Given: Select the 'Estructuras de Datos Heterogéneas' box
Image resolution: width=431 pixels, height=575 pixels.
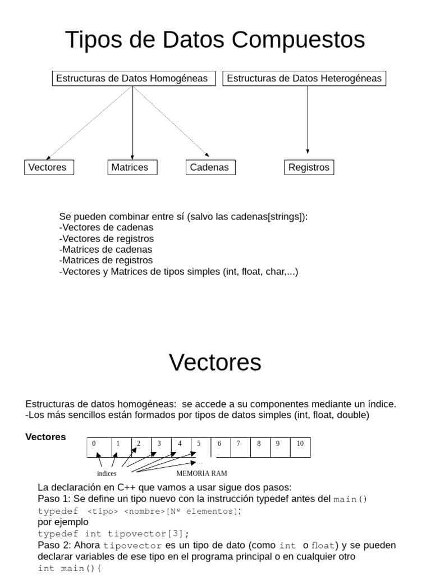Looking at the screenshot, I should point(304,79).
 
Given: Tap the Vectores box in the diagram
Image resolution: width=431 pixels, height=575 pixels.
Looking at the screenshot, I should point(49,167).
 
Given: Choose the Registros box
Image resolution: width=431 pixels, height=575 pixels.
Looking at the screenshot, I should point(309,167).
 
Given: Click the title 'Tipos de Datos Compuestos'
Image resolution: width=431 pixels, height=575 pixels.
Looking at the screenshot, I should point(215,40).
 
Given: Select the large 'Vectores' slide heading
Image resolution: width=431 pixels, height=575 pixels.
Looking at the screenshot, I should point(215,363).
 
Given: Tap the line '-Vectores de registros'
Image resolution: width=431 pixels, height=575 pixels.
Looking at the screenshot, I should point(106,239).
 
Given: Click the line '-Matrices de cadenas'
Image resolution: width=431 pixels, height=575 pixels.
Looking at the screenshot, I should point(106,249).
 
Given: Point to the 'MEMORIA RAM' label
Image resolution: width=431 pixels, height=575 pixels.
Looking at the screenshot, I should point(201,473).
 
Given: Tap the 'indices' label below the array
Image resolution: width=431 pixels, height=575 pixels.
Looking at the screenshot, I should point(107,474).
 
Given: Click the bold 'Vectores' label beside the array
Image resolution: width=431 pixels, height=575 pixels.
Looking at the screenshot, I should point(45,437).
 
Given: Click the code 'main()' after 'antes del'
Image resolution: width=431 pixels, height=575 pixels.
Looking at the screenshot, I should point(350,500).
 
